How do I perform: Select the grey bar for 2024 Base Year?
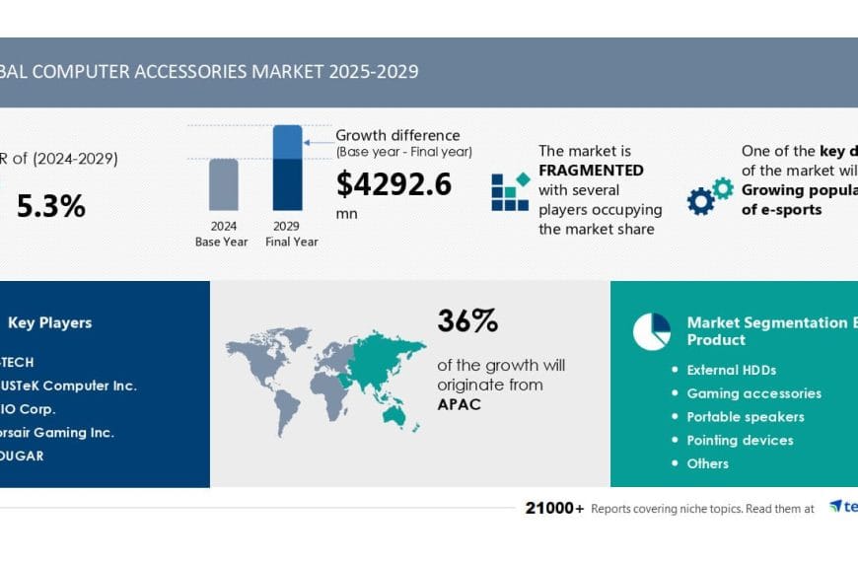coord(223,184)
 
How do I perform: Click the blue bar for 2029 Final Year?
coord(287,168)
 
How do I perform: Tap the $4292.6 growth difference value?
coord(393,184)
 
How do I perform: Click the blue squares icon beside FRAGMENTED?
coord(511,192)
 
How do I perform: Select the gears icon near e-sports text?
coord(710,196)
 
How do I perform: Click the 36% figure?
coord(467,321)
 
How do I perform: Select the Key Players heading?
coord(49,322)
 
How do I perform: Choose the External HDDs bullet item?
coord(731,370)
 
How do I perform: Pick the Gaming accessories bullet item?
coord(753,393)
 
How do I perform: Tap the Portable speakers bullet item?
coord(745,416)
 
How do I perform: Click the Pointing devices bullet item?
coord(740,440)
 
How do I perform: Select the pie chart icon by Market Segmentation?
coord(651,331)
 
